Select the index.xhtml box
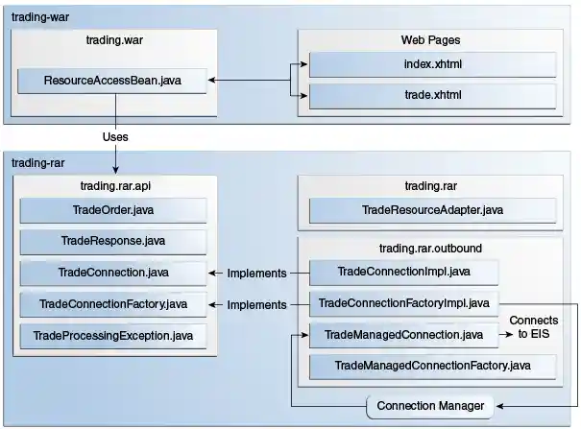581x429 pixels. click(431, 64)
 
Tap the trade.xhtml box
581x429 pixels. click(431, 97)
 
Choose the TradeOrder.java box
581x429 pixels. click(113, 210)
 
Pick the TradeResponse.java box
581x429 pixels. click(113, 242)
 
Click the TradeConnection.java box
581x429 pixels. click(113, 273)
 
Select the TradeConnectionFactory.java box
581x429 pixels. click(113, 304)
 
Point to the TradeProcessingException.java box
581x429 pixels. click(113, 336)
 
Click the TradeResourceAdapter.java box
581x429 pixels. click(431, 210)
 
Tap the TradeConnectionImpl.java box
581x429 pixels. click(404, 273)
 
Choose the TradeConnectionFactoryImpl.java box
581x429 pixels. click(404, 304)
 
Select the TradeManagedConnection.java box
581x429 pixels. click(404, 335)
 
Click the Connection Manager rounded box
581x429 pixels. click(431, 406)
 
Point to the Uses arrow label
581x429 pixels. click(115, 137)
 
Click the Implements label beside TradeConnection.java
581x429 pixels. click(256, 274)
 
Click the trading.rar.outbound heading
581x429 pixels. click(431, 248)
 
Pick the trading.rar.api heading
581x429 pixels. click(113, 185)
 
